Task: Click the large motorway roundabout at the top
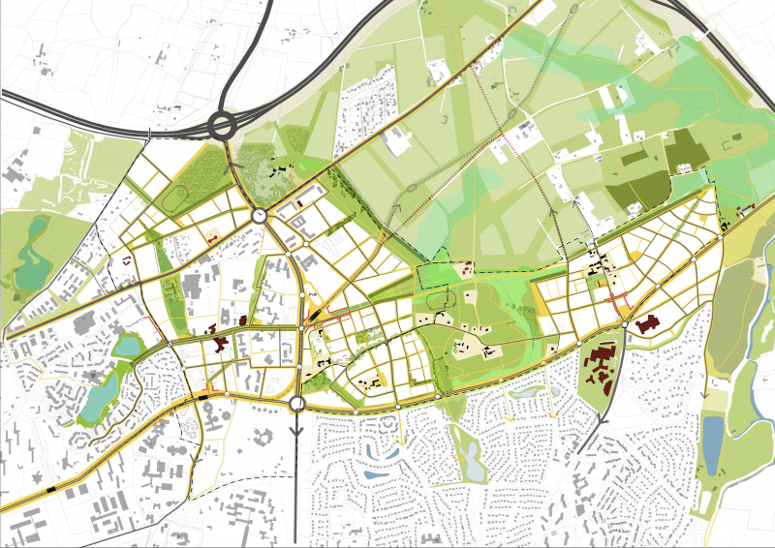click(223, 125)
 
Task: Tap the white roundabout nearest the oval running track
click(261, 217)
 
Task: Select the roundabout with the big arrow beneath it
click(296, 404)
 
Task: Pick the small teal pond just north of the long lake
click(127, 345)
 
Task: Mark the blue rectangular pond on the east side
click(712, 441)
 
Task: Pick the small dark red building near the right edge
click(745, 209)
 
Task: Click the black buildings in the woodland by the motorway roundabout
click(282, 172)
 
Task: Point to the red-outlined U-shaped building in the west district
click(127, 259)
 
